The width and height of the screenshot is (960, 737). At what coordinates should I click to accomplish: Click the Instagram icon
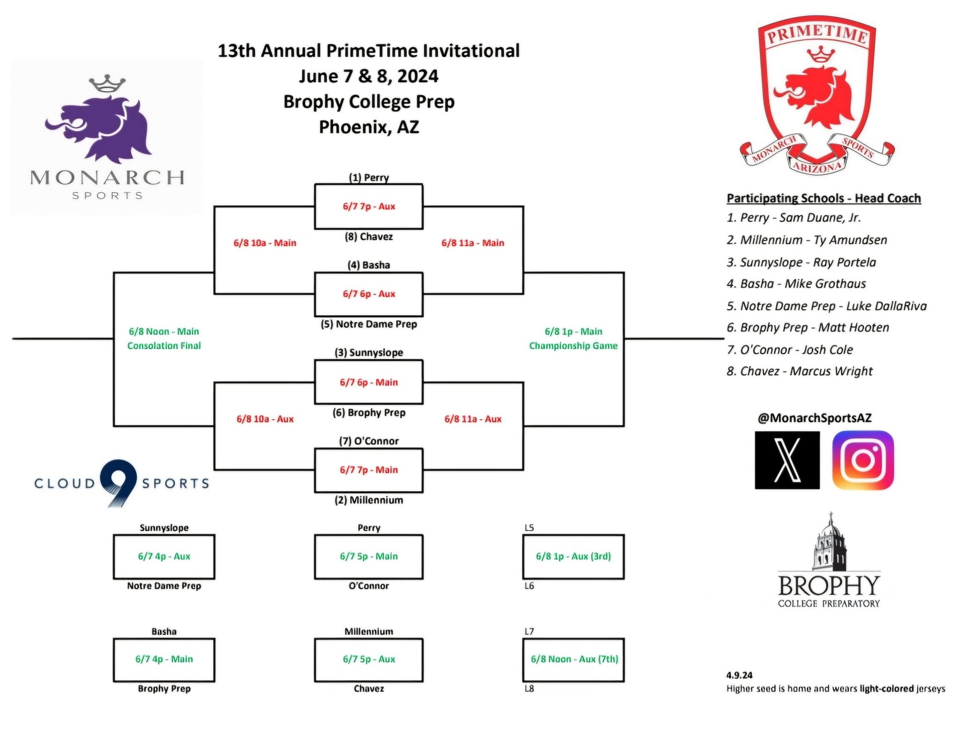click(x=862, y=460)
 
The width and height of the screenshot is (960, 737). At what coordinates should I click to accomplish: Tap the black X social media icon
click(x=787, y=460)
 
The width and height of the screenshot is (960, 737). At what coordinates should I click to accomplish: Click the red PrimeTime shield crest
click(x=817, y=94)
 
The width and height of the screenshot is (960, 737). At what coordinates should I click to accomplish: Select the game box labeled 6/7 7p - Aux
click(x=368, y=206)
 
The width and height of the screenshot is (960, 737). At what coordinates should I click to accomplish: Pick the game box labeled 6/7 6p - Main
click(x=368, y=382)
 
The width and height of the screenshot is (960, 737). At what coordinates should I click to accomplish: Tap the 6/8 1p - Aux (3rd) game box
click(x=573, y=556)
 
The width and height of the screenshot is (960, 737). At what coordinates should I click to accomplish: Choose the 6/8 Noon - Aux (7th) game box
click(x=573, y=660)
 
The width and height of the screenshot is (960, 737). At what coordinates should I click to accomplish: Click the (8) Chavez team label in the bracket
click(x=368, y=237)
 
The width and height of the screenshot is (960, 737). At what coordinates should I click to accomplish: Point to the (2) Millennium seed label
click(x=368, y=500)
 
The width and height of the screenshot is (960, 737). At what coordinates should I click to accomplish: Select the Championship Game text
click(x=573, y=346)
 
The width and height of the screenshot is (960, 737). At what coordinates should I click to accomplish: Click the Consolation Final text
click(x=164, y=346)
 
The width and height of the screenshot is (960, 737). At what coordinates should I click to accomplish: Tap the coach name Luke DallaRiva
click(x=886, y=306)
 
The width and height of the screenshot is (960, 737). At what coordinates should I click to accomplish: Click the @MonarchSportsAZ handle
click(x=815, y=418)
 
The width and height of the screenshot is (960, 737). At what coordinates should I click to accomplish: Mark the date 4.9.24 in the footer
click(x=739, y=675)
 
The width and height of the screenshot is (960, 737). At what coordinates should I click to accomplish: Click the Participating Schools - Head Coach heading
click(x=824, y=198)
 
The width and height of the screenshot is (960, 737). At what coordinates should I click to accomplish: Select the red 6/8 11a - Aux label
click(x=473, y=419)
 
